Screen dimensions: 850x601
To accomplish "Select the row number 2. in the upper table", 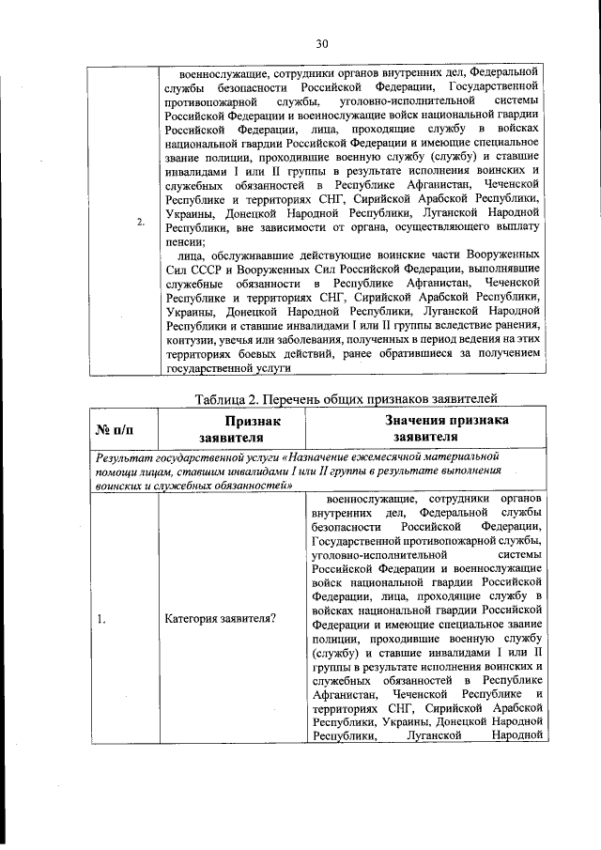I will coord(140,223).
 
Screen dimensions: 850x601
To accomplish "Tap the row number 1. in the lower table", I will coord(100,618).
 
